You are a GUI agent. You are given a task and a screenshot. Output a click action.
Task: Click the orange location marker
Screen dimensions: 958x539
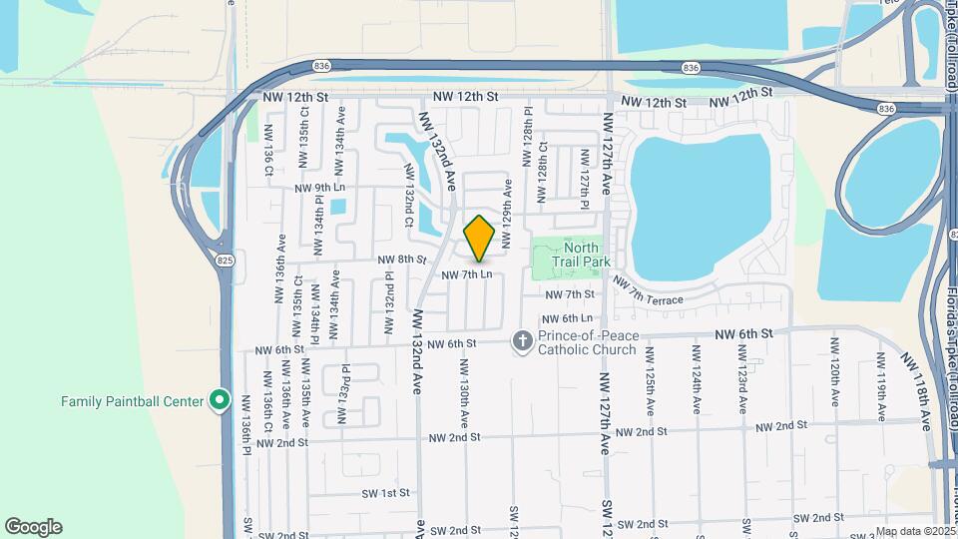point(480,239)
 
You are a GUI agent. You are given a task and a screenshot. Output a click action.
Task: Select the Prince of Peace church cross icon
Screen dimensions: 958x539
point(522,342)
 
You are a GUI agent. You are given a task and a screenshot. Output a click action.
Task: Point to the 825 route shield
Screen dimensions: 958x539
point(227,260)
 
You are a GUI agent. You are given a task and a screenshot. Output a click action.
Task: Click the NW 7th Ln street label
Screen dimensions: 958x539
point(466,273)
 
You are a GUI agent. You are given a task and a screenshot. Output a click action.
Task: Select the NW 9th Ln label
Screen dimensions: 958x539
point(319,187)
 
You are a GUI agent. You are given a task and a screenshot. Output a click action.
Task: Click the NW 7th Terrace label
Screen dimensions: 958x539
point(649,293)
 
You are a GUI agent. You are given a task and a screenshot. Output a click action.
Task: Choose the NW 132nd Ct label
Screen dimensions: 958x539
point(409,193)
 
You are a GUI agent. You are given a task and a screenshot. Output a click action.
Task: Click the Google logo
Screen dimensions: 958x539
point(33,526)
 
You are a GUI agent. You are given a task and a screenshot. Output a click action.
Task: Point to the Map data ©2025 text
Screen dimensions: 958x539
point(914,531)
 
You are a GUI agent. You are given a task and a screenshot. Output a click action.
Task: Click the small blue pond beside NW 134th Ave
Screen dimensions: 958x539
point(337,208)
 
